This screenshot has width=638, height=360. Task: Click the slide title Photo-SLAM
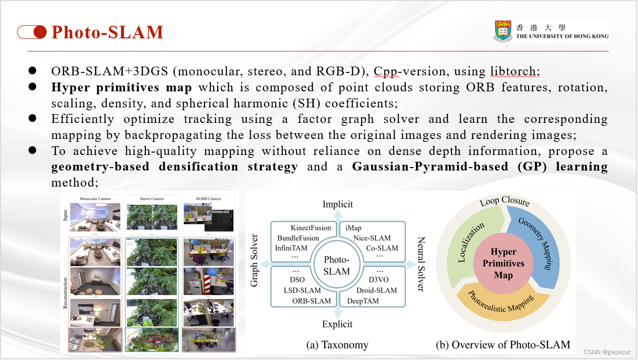[x=107, y=32]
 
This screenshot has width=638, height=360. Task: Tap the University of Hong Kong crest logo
[x=503, y=32]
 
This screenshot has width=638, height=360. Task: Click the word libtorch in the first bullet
[x=512, y=71]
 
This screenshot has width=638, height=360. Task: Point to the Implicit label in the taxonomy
[x=338, y=205]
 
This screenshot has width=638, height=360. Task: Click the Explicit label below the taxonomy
[x=337, y=324]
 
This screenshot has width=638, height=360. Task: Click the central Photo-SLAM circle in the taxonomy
[x=337, y=265]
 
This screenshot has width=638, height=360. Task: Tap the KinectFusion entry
[x=310, y=228]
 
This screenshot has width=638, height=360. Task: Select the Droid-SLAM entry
[x=376, y=291]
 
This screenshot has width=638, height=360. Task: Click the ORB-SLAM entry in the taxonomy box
[x=311, y=301]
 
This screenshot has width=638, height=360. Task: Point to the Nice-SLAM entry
[x=372, y=238]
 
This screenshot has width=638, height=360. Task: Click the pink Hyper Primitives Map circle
[x=503, y=263]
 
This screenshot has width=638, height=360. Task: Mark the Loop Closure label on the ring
[x=504, y=202]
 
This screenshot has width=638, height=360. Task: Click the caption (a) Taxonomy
[x=337, y=345]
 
